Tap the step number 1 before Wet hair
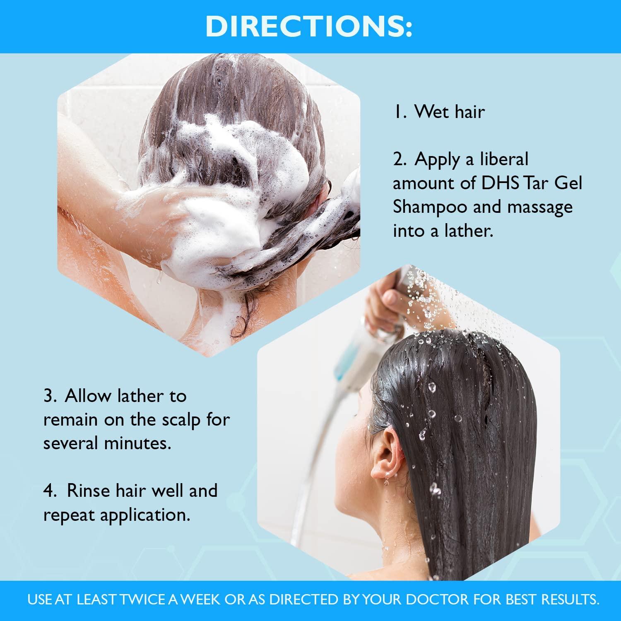(398, 112)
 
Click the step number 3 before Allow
(50, 396)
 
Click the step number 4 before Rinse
(50, 491)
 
